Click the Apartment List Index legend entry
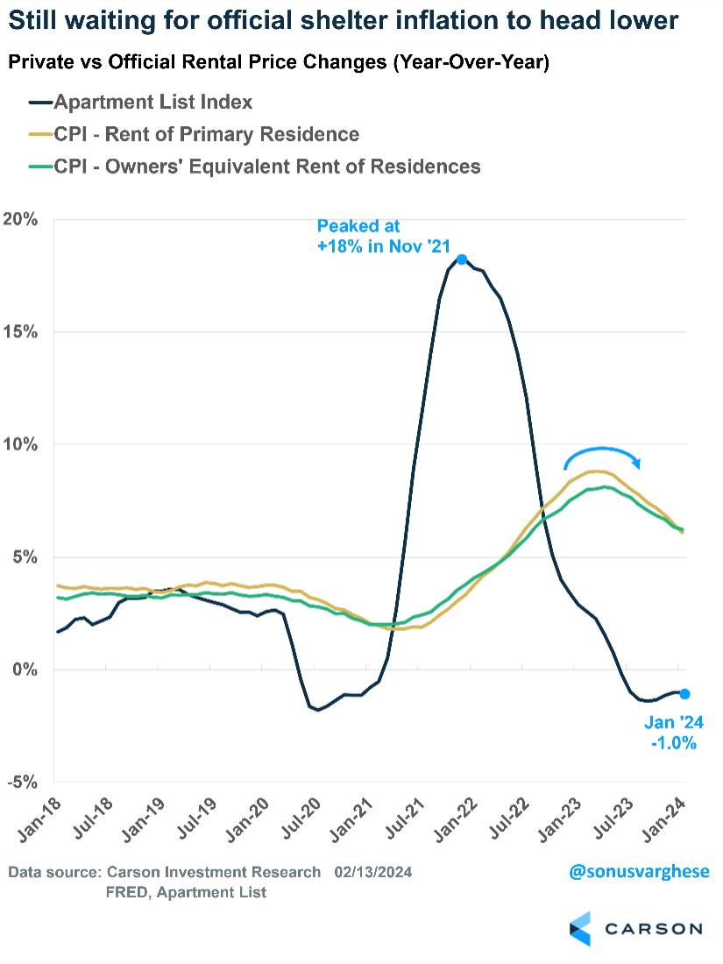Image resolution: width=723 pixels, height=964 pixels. [x=153, y=102]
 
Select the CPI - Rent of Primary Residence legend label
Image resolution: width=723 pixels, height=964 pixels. [x=207, y=134]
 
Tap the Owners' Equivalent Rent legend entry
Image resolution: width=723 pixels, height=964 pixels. [x=267, y=166]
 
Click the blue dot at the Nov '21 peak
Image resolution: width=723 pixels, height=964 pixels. [x=462, y=259]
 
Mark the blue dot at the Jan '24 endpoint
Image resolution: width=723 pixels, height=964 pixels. [x=684, y=693]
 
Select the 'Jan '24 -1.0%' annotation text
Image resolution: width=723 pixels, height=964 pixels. [x=672, y=734]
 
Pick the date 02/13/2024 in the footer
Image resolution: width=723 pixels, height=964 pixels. [x=372, y=872]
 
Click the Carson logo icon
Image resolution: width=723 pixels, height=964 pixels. [x=579, y=928]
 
